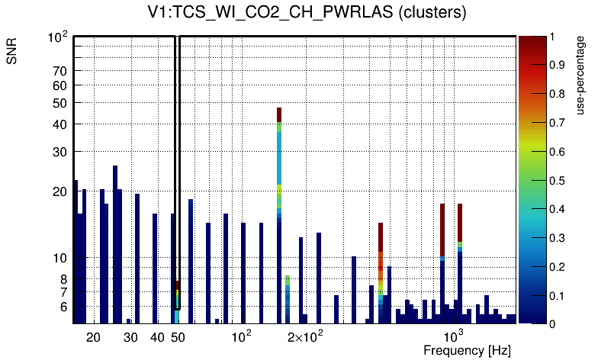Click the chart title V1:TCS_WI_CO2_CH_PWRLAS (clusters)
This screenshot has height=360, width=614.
[307, 13]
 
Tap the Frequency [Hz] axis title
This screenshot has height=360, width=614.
[466, 351]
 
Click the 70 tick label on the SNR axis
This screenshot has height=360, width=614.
[60, 71]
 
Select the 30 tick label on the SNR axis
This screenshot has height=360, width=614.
[60, 152]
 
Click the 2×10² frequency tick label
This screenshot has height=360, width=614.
[305, 336]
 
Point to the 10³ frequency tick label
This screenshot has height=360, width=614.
[454, 336]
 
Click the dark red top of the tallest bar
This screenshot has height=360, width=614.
[279, 114]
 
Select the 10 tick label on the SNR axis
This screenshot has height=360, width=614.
[60, 258]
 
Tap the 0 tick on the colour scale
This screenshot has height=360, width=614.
[552, 324]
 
